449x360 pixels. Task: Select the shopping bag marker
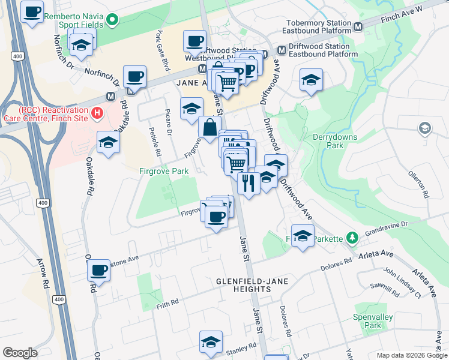[209, 128]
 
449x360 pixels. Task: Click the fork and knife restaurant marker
[249, 182]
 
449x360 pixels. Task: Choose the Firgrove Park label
[164, 172]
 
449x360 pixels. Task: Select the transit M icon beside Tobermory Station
[358, 27]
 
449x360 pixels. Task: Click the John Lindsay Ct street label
[400, 281]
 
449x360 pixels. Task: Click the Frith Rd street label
[167, 302]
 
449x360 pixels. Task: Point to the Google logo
[20, 353]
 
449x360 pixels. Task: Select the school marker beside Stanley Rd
[211, 342]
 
